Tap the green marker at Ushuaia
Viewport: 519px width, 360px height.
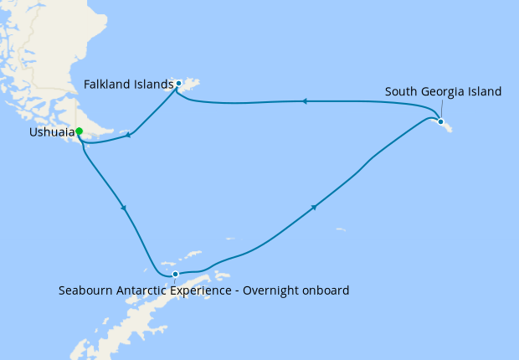(x=80, y=131)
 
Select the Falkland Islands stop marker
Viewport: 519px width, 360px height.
(x=178, y=83)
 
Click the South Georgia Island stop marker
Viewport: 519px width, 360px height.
(x=440, y=121)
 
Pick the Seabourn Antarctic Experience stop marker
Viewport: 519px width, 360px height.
(x=175, y=275)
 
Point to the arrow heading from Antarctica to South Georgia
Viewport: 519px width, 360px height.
(x=314, y=207)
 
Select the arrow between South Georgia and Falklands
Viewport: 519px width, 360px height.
(x=304, y=101)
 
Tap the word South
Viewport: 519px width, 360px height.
(x=402, y=91)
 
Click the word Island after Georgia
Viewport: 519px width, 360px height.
(x=485, y=91)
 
